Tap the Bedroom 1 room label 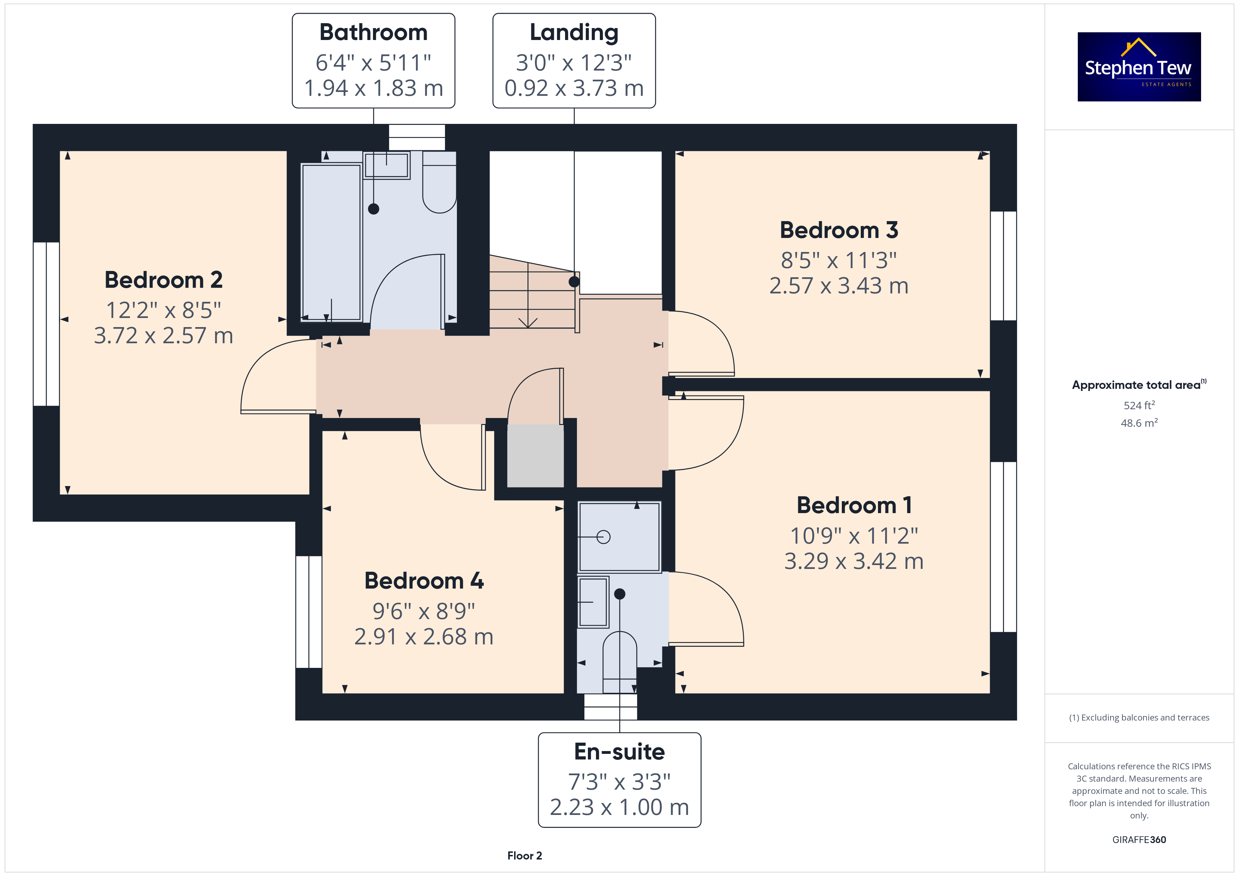854,505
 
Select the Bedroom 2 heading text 164,280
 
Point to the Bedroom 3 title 839,230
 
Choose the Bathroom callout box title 373,32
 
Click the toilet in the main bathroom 439,182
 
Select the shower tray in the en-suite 619,537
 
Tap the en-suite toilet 619,662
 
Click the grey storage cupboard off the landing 535,456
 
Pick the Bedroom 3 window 1003,266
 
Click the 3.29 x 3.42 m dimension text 854,562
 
